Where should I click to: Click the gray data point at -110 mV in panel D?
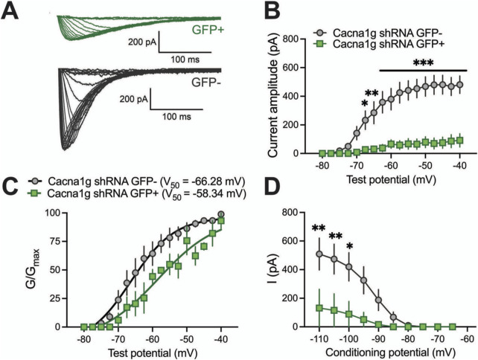[x=319, y=254]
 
